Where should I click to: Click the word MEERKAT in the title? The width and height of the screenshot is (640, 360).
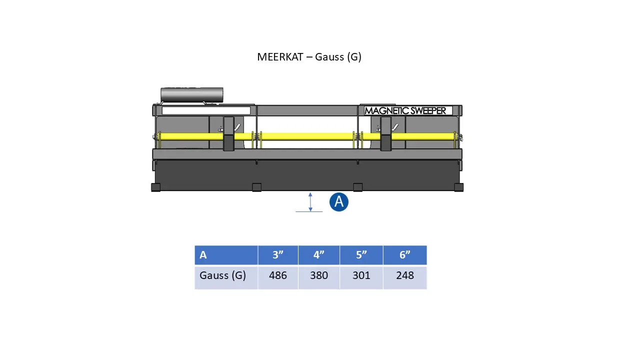coord(280,57)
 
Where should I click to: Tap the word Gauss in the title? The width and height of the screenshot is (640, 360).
coord(329,57)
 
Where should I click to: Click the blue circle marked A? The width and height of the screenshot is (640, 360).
coord(339,202)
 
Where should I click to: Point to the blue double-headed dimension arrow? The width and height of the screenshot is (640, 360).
coord(310,202)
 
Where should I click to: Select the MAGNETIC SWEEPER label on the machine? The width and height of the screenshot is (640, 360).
coord(405,111)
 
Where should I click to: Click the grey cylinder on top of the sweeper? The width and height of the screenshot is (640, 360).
coord(191,95)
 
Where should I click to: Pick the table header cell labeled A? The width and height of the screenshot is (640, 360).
coord(226,255)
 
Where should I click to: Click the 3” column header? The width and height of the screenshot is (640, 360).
coord(278,255)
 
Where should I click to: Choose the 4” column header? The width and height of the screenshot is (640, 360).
coord(319,255)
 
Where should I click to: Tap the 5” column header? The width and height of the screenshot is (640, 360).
coord(361,255)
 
